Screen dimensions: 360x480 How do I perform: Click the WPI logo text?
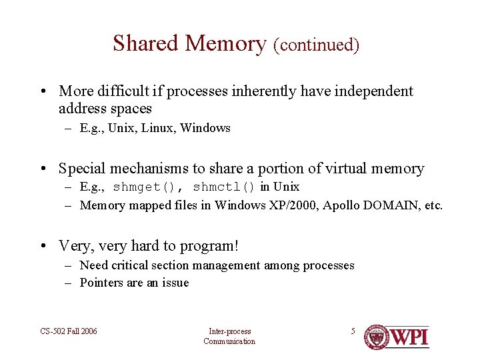pyautogui.click(x=409, y=337)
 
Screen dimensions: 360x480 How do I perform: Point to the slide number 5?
pyautogui.click(x=353, y=331)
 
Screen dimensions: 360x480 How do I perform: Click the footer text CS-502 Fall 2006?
pyautogui.click(x=68, y=331)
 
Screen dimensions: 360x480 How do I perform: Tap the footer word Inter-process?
pyautogui.click(x=229, y=331)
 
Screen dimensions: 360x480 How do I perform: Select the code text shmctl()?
pyautogui.click(x=224, y=187)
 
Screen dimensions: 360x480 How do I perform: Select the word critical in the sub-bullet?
pyautogui.click(x=135, y=265)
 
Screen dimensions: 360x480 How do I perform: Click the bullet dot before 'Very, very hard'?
pyautogui.click(x=42, y=247)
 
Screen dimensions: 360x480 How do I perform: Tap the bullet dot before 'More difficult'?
pyautogui.click(x=42, y=92)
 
